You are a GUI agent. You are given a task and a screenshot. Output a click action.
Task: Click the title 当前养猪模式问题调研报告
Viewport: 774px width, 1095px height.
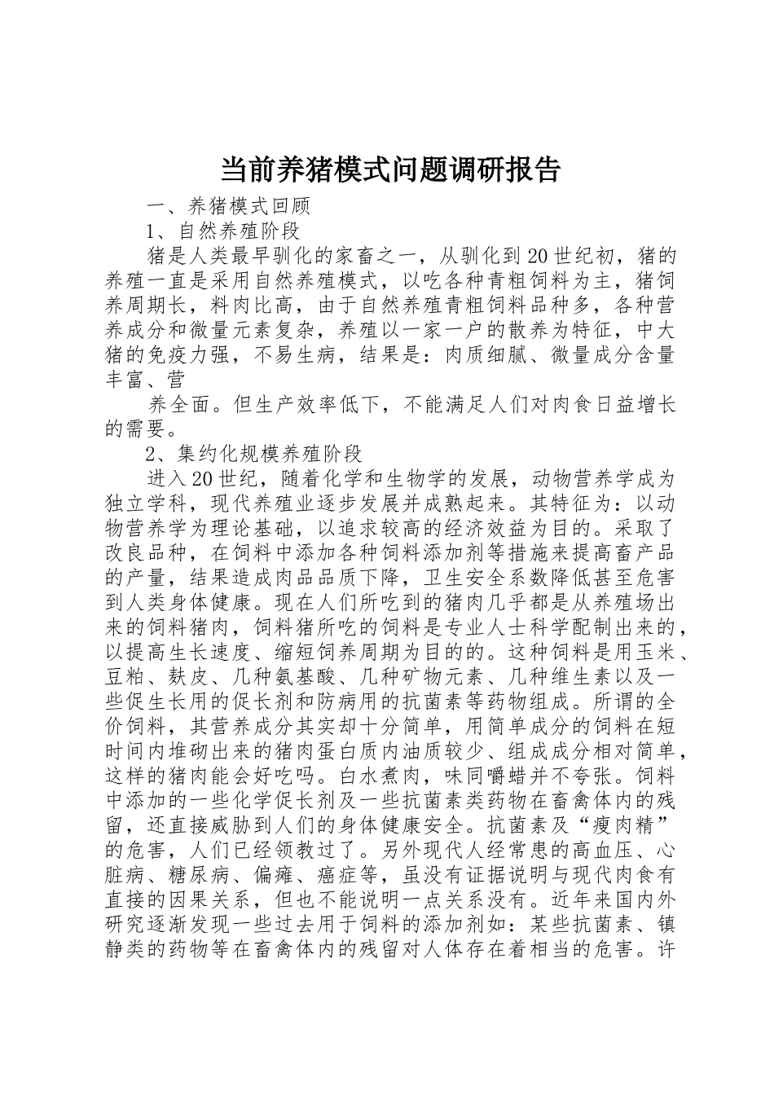pyautogui.click(x=390, y=170)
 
